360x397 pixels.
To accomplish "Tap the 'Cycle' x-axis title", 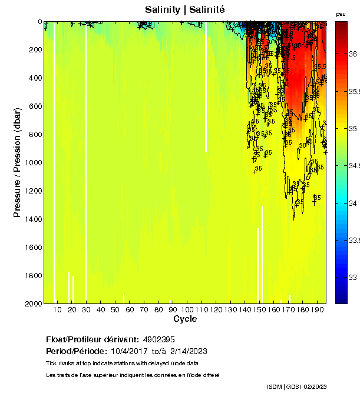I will (185, 319).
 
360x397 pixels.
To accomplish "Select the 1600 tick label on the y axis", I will (32, 248).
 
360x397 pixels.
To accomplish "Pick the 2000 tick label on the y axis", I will (32, 304).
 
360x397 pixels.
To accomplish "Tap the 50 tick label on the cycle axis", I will (115, 310).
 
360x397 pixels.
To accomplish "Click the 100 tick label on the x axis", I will (187, 310).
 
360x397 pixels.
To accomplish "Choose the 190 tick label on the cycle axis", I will (317, 310).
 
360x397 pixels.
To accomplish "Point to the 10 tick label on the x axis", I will (58, 310).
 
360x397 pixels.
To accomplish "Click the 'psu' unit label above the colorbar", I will (340, 14).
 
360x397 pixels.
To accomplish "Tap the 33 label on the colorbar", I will (353, 277).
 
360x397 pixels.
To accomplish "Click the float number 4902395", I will (158, 340).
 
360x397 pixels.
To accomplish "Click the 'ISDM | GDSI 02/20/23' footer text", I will (296, 386).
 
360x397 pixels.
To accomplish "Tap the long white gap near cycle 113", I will (206, 88).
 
